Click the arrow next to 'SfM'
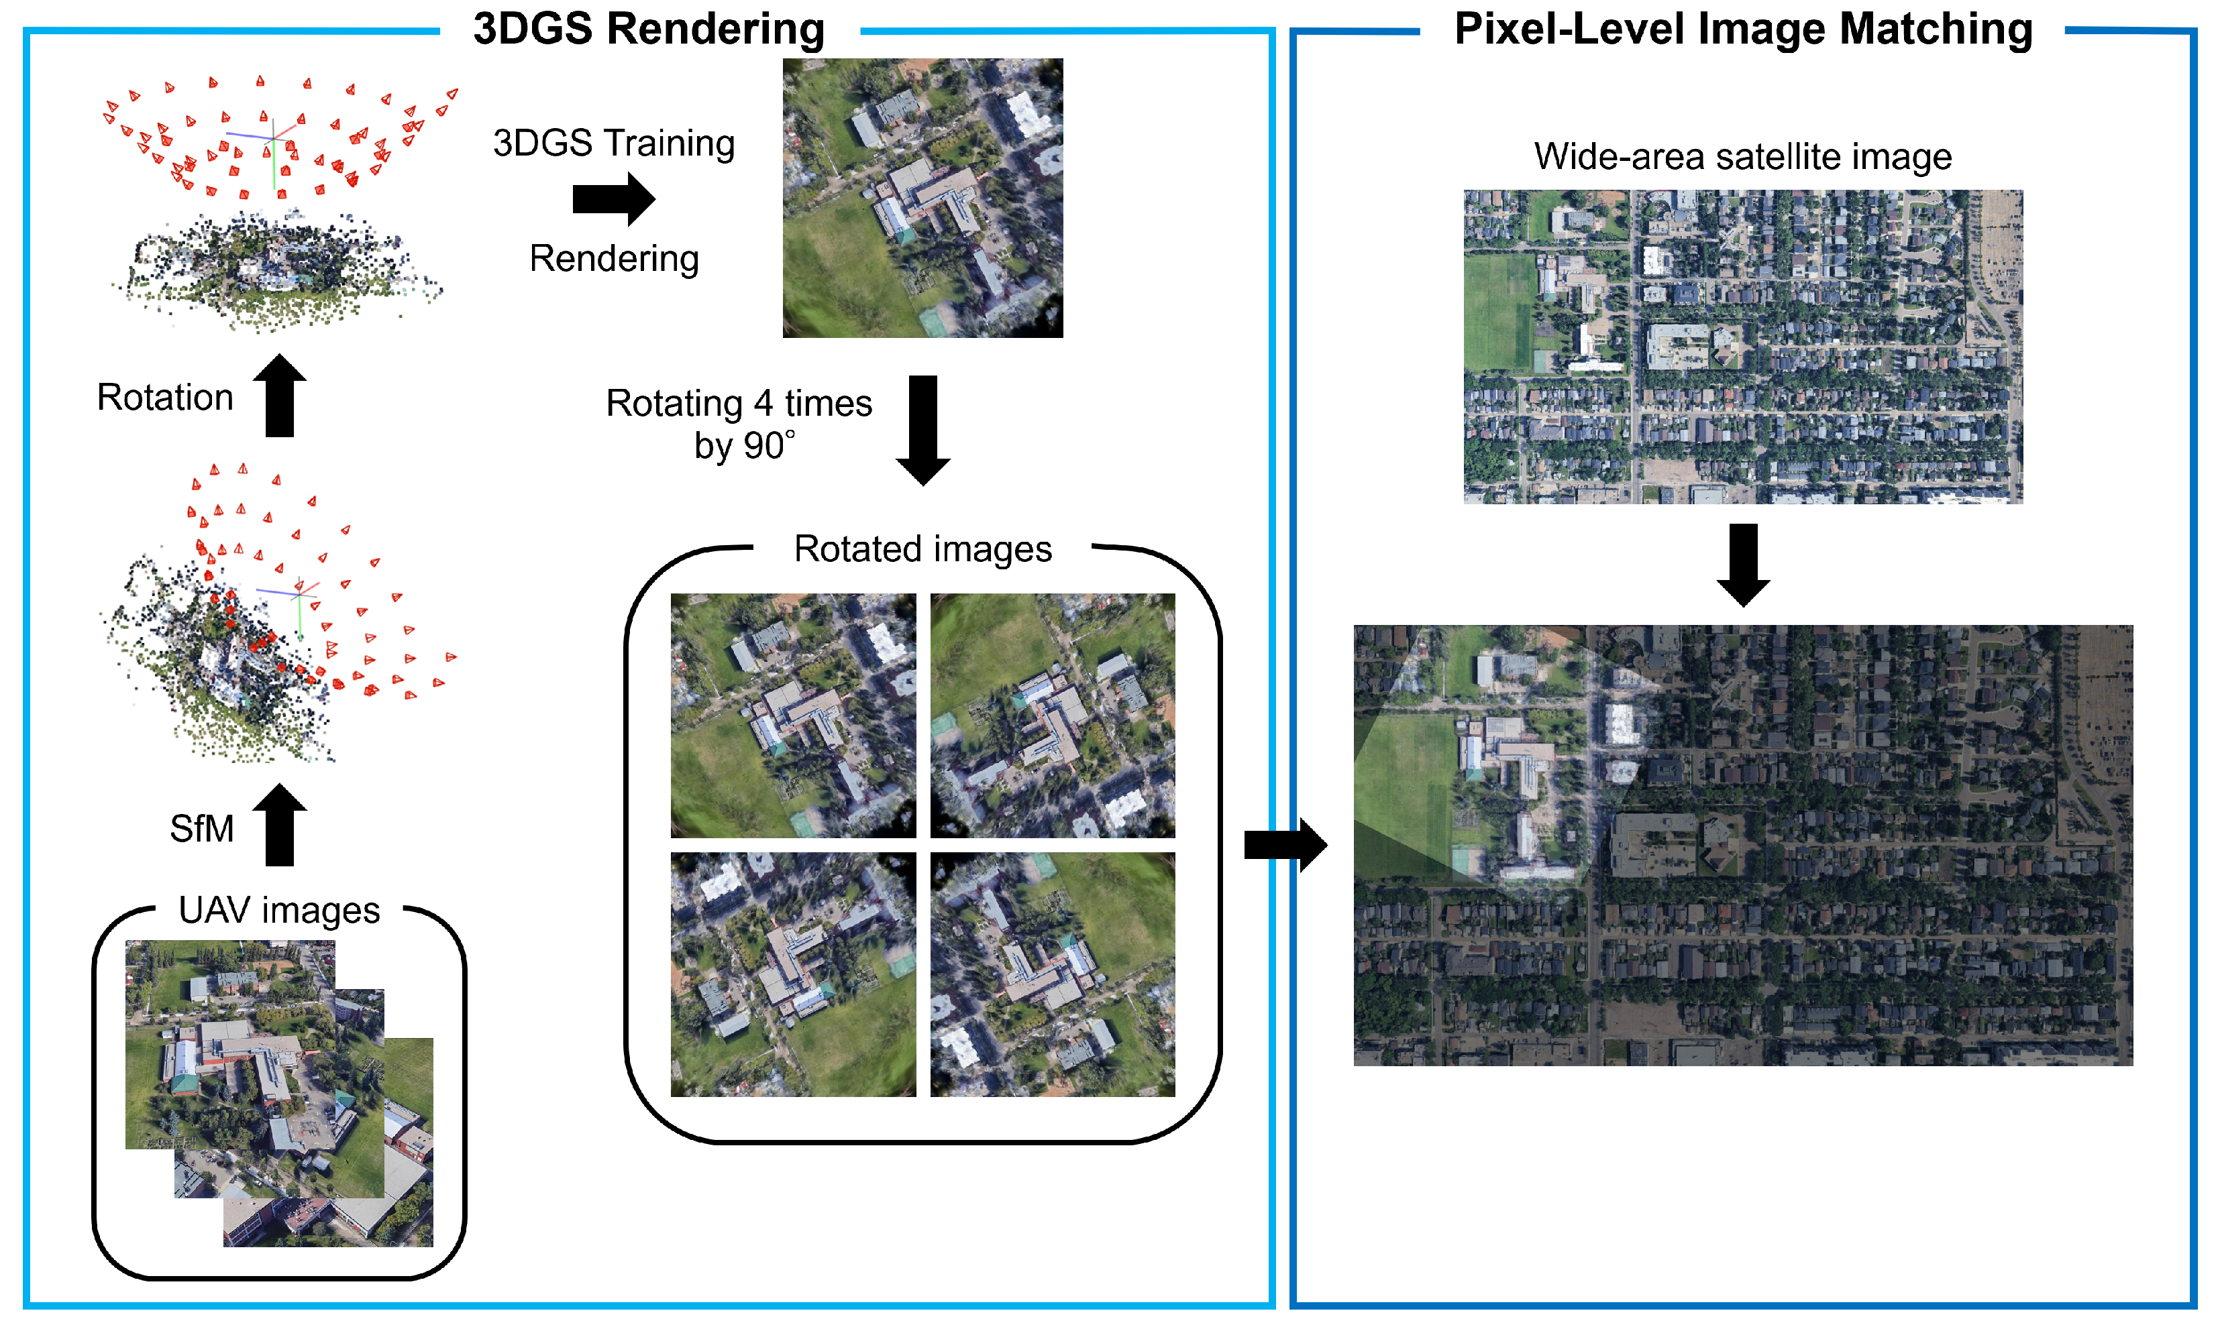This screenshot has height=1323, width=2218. tap(279, 825)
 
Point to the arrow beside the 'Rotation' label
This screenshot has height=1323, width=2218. tap(279, 395)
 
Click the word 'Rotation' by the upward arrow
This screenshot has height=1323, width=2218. tap(165, 398)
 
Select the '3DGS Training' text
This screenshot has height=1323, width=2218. tap(614, 143)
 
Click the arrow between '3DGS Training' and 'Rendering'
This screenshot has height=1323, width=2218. tap(614, 198)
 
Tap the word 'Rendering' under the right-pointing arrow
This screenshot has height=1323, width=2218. tap(614, 259)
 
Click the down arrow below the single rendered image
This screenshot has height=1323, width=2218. tap(922, 430)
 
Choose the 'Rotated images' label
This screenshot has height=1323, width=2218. tap(922, 549)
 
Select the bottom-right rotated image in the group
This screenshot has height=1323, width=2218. tap(1053, 974)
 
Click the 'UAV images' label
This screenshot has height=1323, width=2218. tap(279, 910)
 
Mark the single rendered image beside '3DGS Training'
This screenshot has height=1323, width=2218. tap(922, 198)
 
